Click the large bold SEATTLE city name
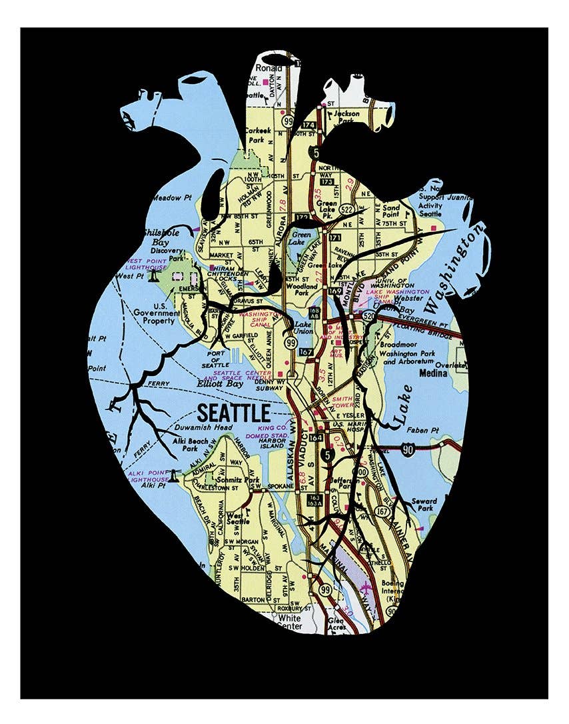(233, 412)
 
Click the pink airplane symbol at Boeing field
(366, 587)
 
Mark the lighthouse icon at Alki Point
(175, 475)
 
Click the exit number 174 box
(308, 125)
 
